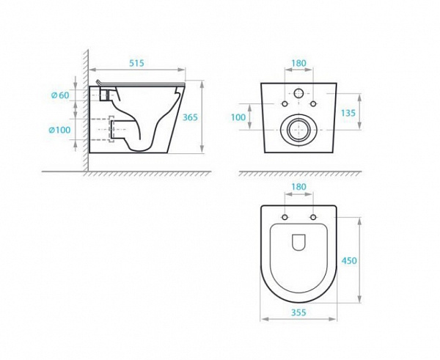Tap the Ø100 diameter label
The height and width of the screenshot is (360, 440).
pos(58,130)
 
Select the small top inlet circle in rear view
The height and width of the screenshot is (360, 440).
pos(299,94)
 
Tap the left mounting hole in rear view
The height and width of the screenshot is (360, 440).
pos(282,105)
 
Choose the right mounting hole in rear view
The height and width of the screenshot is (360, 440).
pos(315,105)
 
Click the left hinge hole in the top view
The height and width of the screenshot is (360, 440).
pos(282,218)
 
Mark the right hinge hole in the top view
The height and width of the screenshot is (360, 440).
pos(314,218)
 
